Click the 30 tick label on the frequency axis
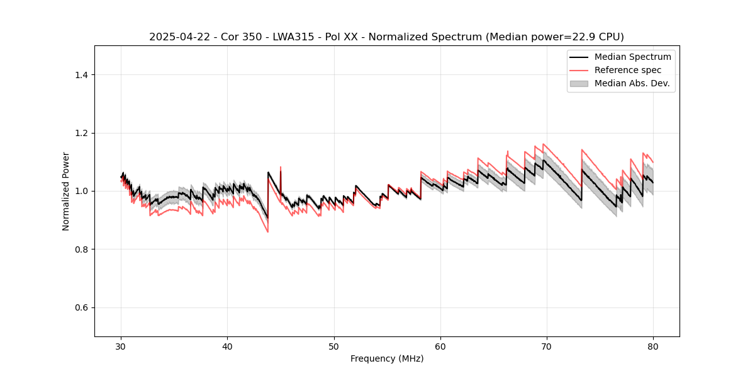[121, 346]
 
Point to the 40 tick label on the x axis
[228, 346]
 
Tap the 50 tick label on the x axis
[334, 346]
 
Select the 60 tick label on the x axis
[440, 346]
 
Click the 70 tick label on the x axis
[547, 346]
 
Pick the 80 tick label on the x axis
[653, 346]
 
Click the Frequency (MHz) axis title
[387, 358]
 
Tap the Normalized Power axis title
[66, 191]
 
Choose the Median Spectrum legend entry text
[632, 57]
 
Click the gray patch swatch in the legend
[579, 83]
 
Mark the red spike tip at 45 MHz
[281, 167]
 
